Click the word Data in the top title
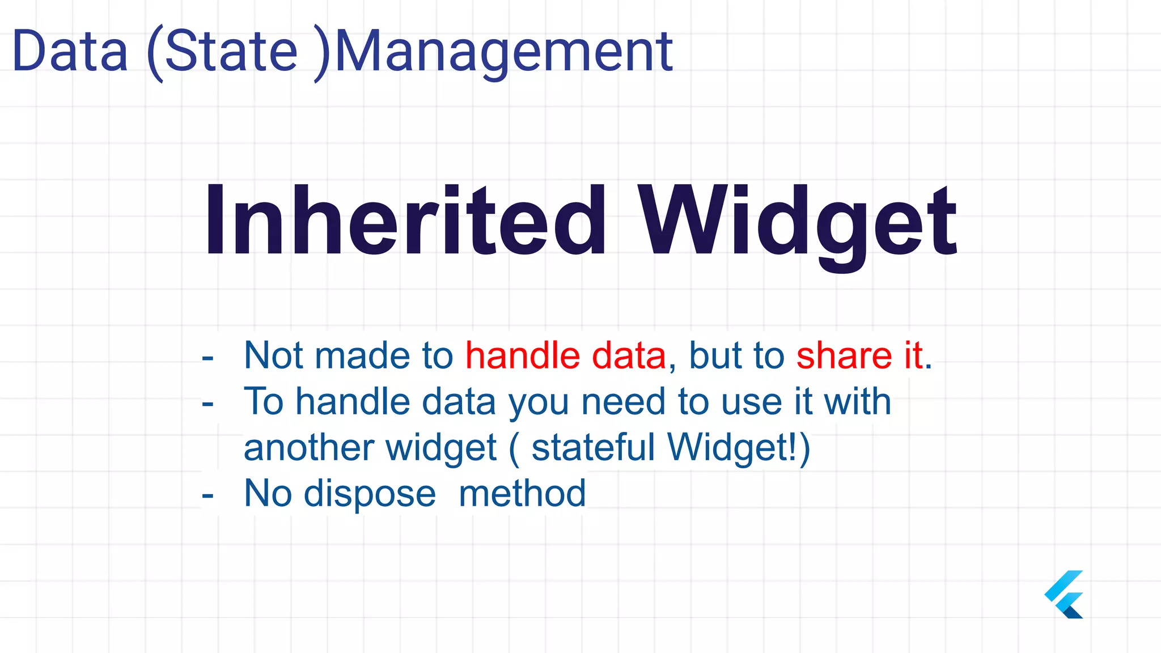point(70,52)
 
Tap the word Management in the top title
point(504,53)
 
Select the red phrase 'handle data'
point(565,356)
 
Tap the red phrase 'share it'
point(859,356)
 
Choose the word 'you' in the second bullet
point(538,402)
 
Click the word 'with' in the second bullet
point(857,402)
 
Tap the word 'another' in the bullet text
point(308,448)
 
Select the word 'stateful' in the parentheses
point(593,448)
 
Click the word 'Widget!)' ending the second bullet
point(739,448)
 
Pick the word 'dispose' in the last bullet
point(370,494)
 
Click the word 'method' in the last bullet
point(522,494)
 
